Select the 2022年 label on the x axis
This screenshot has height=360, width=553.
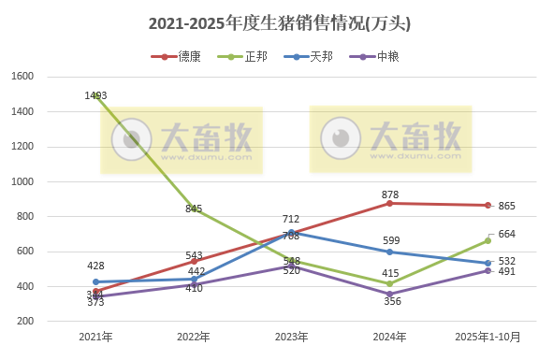(x=193, y=336)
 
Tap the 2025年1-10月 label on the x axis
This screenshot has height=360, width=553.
(x=488, y=336)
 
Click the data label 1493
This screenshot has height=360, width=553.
(x=96, y=94)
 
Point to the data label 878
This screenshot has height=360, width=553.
(x=391, y=194)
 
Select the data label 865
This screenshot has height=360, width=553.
(x=507, y=206)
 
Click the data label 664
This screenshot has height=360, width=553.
(x=507, y=234)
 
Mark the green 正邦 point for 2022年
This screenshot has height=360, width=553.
(x=194, y=209)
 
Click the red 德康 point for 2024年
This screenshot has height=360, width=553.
(x=389, y=203)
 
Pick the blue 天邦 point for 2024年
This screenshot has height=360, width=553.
(x=389, y=252)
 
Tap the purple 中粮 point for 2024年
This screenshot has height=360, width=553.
(x=389, y=294)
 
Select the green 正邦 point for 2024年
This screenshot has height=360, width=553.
(x=389, y=283)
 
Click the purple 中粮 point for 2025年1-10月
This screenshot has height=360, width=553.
(x=488, y=270)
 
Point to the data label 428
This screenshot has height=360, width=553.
(x=96, y=266)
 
